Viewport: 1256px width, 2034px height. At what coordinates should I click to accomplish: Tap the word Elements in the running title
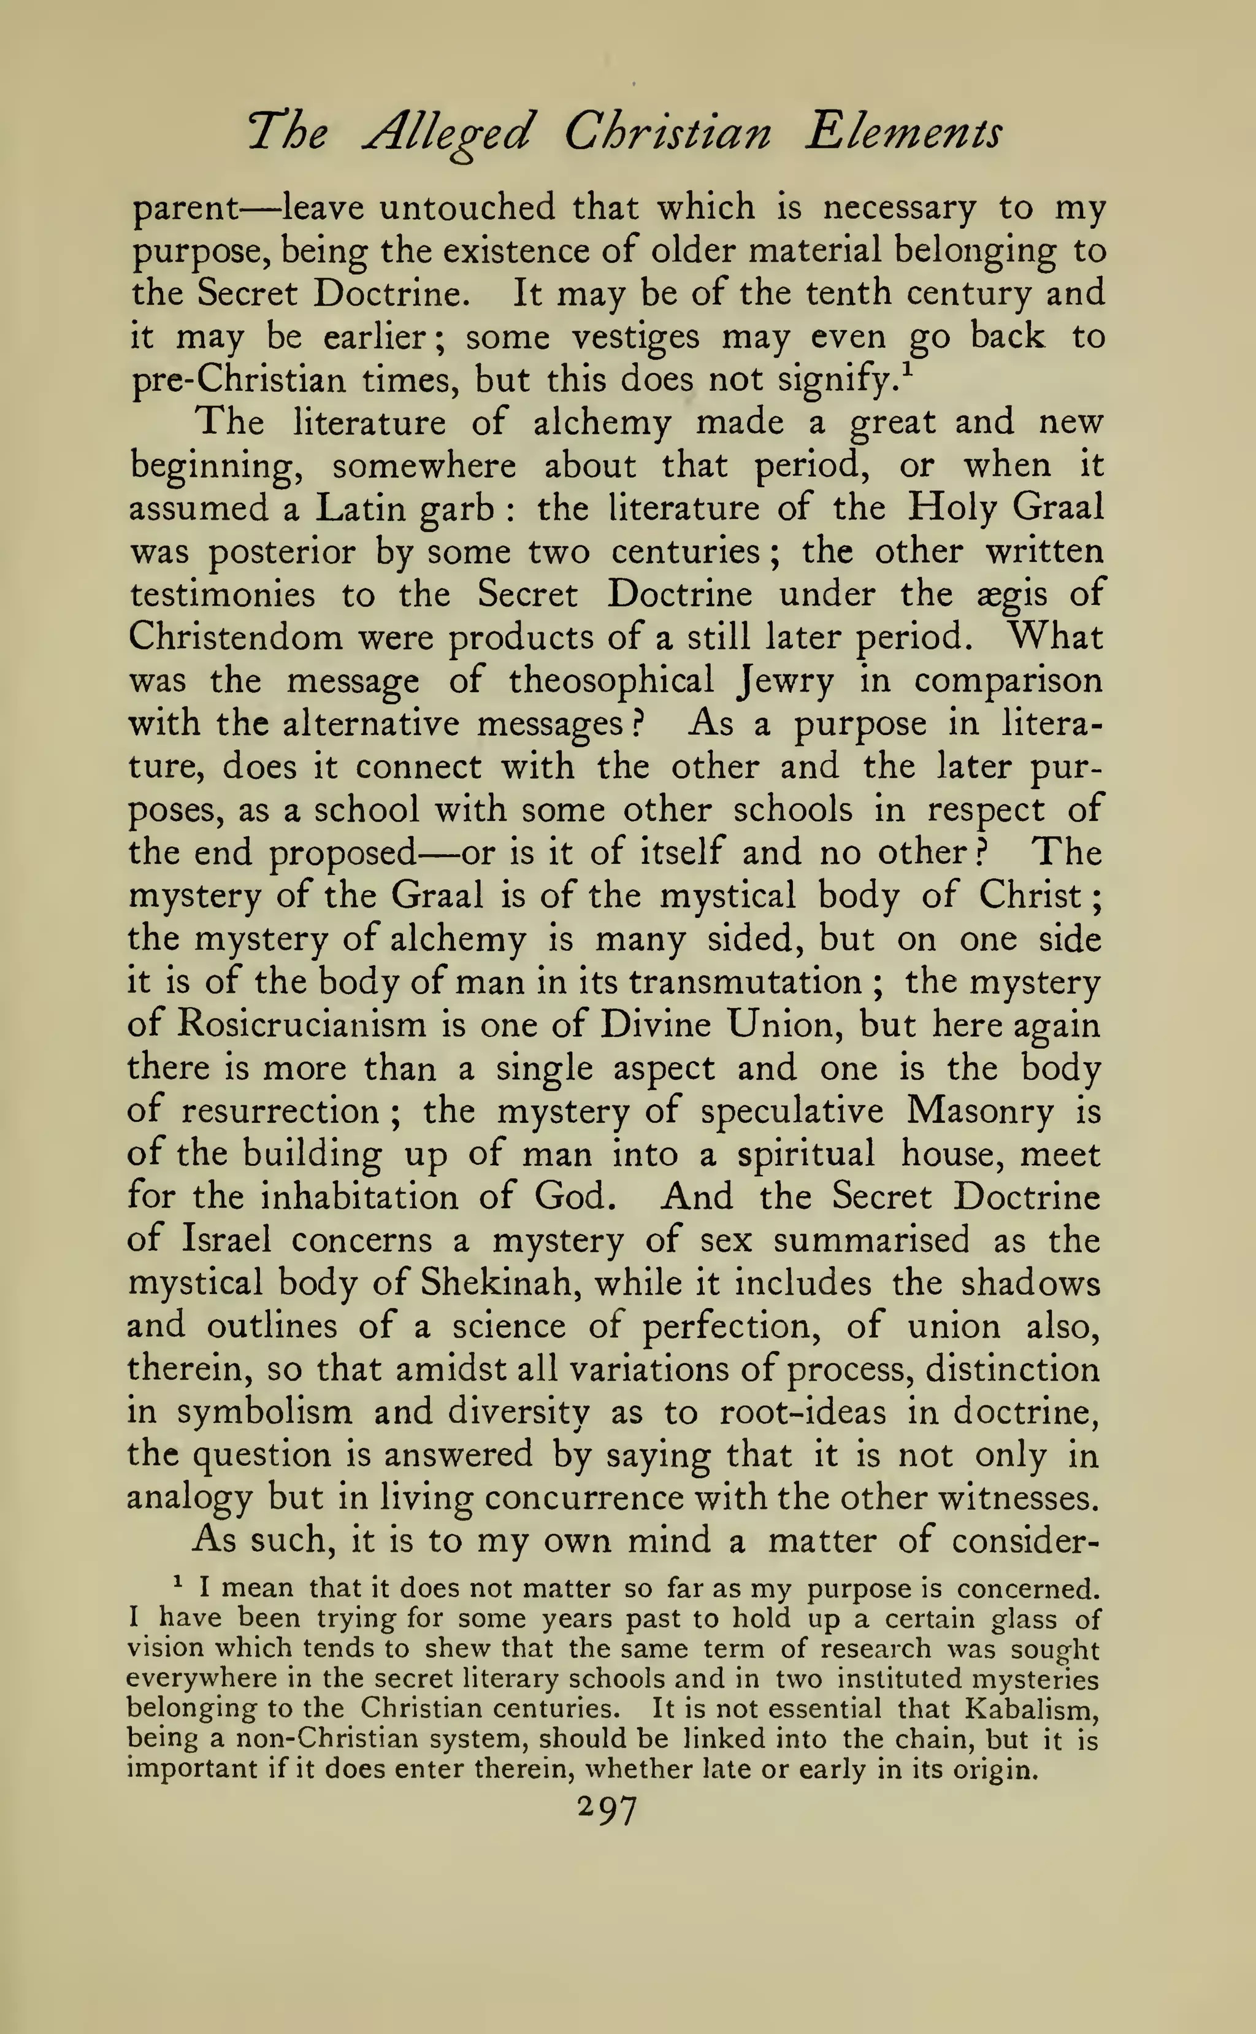point(904,133)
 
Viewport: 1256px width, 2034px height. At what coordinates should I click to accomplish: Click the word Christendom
point(235,638)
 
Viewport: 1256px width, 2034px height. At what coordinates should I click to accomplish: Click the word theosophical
point(611,681)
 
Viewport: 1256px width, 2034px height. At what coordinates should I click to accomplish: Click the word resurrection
point(280,1111)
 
